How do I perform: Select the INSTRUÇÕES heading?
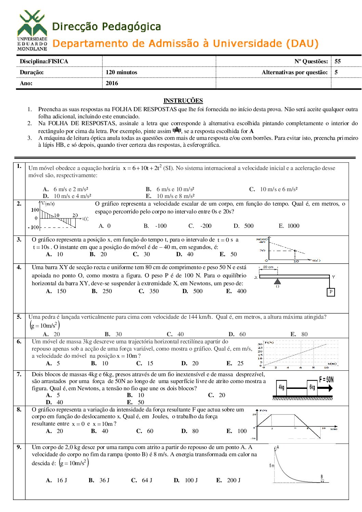(x=183, y=101)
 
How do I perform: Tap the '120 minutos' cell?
(x=121, y=72)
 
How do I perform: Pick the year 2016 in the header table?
(x=112, y=83)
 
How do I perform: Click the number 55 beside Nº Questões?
(x=338, y=61)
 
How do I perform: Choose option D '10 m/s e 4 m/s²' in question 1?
(x=67, y=196)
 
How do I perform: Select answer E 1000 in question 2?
(x=289, y=226)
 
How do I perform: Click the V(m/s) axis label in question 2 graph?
(x=48, y=204)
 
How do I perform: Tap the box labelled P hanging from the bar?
(x=331, y=292)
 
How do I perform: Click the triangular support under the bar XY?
(x=277, y=281)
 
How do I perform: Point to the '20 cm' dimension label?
(x=268, y=267)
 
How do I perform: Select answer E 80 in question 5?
(x=299, y=334)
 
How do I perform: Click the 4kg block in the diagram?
(x=282, y=388)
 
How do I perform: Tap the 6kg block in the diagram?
(x=312, y=388)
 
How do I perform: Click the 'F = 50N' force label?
(x=326, y=379)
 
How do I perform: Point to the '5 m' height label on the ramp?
(x=272, y=465)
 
